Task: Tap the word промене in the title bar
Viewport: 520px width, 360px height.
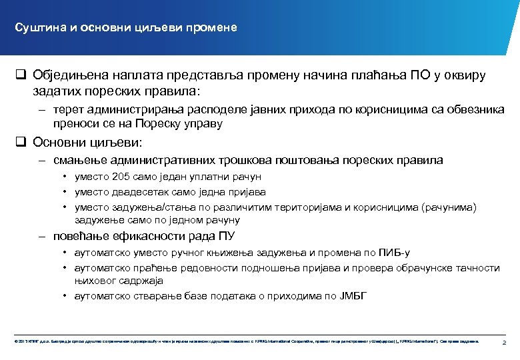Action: pyautogui.click(x=213, y=28)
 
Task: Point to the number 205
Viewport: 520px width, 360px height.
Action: pyautogui.click(x=122, y=177)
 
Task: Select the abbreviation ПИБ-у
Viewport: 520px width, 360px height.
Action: pyautogui.click(x=394, y=253)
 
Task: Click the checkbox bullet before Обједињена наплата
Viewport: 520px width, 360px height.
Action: pyautogui.click(x=20, y=75)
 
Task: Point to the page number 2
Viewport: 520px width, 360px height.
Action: pyautogui.click(x=504, y=342)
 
